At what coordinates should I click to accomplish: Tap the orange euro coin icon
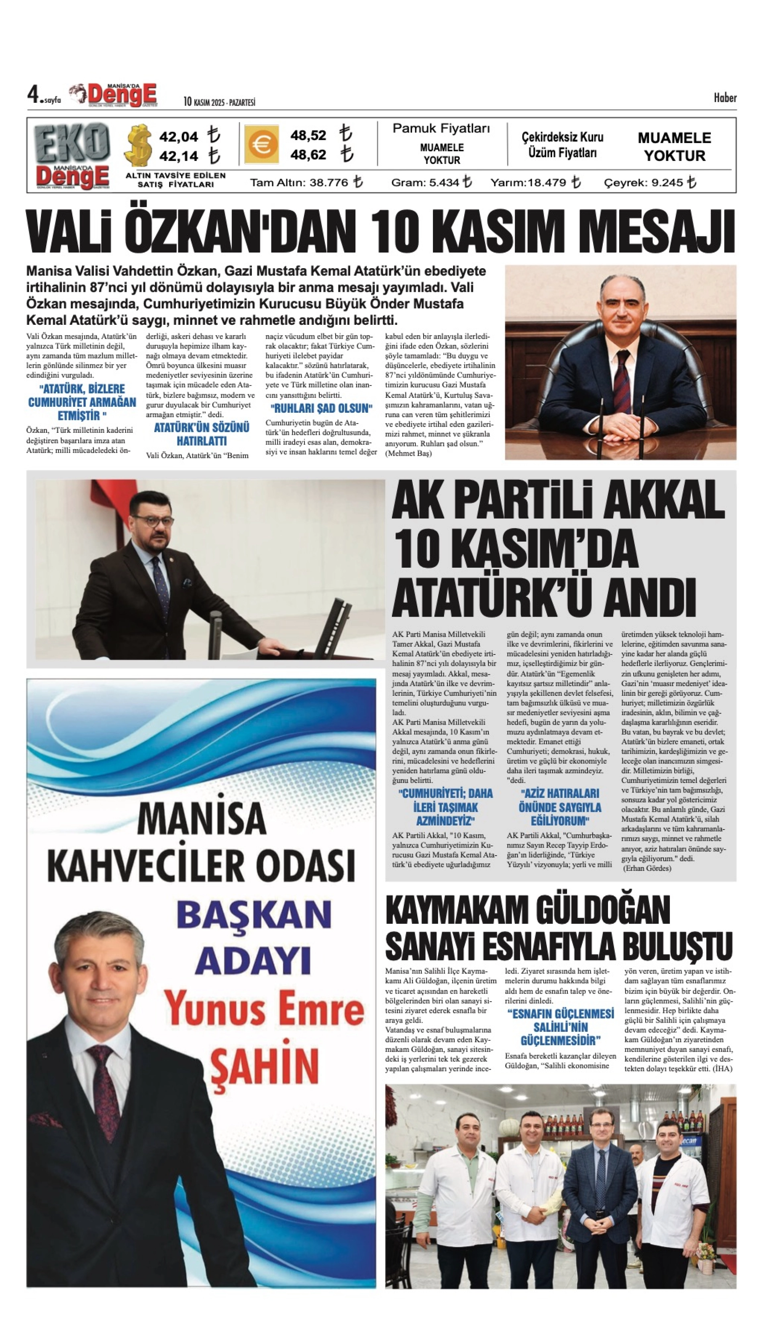point(261,145)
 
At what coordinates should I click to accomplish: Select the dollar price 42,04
point(179,137)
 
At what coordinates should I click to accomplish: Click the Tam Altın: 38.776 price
point(300,182)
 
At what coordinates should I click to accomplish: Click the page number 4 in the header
point(34,96)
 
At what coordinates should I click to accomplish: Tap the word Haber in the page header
point(725,98)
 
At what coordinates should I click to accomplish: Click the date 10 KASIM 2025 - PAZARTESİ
point(219,102)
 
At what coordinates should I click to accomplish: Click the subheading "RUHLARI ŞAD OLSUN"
point(321,408)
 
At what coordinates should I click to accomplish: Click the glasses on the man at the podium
point(153,520)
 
